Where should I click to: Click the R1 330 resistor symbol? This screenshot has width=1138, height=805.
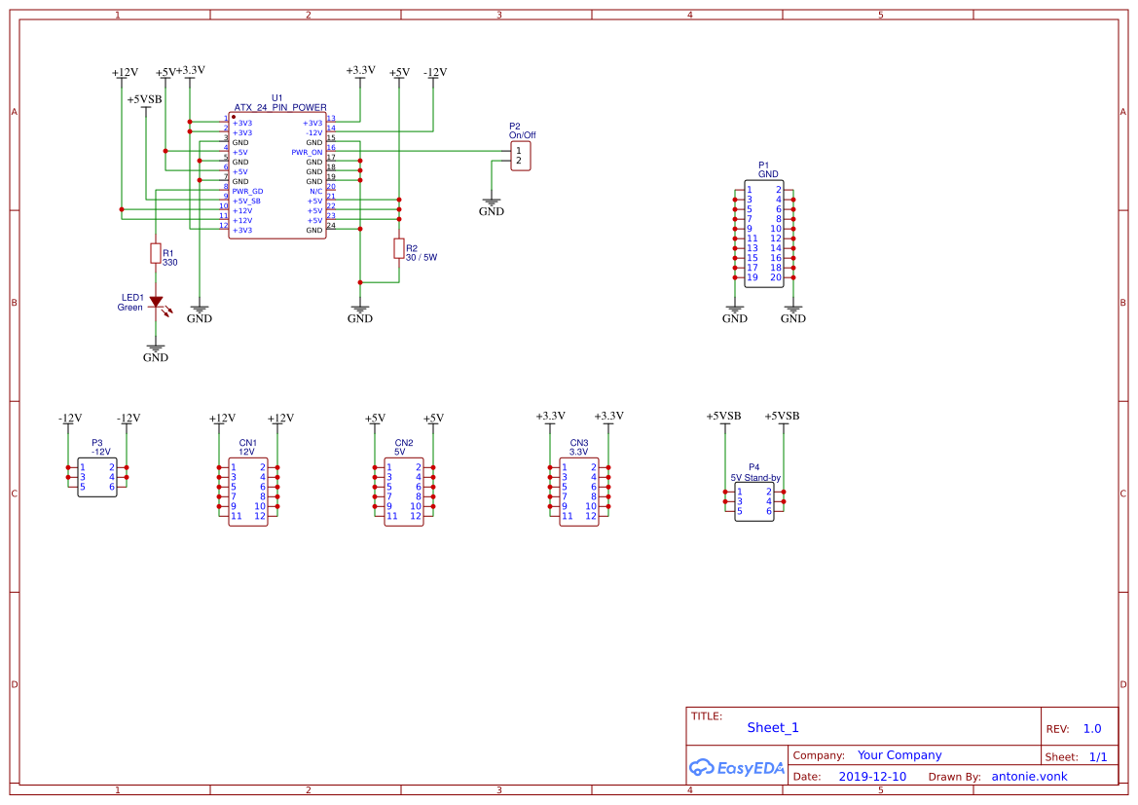point(155,253)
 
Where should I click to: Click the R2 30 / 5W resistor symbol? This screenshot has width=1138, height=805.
point(398,248)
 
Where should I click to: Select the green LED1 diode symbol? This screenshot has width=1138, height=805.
point(155,302)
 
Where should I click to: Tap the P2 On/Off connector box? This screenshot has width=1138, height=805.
point(521,156)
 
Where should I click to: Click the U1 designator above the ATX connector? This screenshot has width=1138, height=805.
point(277,98)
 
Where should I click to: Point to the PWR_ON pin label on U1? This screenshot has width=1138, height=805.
point(307,153)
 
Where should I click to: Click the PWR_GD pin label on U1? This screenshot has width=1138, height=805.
point(247,192)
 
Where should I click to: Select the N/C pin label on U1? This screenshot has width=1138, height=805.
point(315,192)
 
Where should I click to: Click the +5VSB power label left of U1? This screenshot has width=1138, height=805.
point(145,99)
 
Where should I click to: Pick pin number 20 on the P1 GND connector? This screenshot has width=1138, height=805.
point(776,277)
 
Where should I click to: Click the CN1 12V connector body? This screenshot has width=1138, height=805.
point(248,492)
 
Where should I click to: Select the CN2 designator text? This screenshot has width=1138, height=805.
point(403,443)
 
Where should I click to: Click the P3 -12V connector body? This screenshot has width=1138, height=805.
point(97,477)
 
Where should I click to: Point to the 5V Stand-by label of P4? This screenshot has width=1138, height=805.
point(755,478)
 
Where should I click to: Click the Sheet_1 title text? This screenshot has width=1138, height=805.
point(773,727)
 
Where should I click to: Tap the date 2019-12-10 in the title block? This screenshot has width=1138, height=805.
point(872,777)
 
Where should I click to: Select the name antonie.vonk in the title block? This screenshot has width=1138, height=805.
point(1029,777)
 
